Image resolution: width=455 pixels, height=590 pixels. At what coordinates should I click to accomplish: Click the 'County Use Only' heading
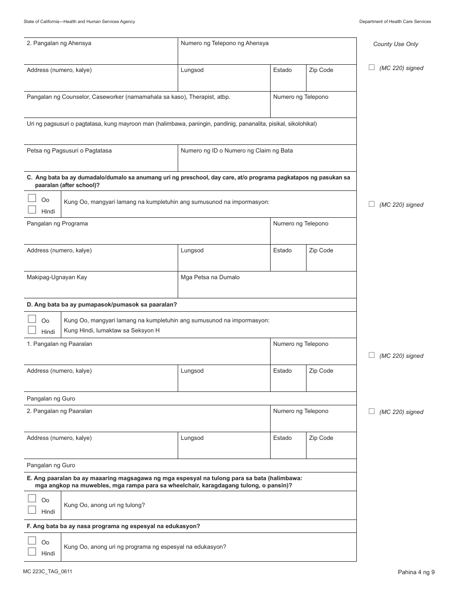pyautogui.click(x=395, y=44)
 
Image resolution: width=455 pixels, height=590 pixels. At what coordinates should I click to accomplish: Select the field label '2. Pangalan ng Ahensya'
pyautogui.click(x=59, y=43)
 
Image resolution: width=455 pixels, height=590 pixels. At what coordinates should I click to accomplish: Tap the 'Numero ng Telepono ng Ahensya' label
pyautogui.click(x=224, y=43)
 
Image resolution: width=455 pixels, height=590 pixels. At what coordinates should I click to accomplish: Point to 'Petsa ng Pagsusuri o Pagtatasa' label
pyautogui.click(x=69, y=151)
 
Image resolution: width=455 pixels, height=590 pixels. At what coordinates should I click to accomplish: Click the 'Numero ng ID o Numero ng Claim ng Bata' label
pyautogui.click(x=237, y=151)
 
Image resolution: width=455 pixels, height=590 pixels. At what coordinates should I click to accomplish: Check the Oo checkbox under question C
pyautogui.click(x=32, y=198)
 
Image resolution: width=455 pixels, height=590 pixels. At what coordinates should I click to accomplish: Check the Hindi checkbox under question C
pyautogui.click(x=32, y=210)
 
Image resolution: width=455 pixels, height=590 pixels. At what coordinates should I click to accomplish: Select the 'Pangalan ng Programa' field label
pyautogui.click(x=57, y=224)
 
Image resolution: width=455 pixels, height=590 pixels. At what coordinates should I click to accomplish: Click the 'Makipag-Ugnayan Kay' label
pyautogui.click(x=57, y=277)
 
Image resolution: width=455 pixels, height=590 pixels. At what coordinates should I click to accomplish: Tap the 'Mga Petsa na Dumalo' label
pyautogui.click(x=210, y=277)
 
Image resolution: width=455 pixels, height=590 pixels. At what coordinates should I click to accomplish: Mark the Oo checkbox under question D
pyautogui.click(x=32, y=319)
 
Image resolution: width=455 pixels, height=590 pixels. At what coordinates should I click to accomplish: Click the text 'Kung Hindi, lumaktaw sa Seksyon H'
pyautogui.click(x=112, y=330)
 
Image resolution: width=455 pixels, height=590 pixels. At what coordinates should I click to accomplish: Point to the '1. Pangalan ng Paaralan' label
pyautogui.click(x=59, y=344)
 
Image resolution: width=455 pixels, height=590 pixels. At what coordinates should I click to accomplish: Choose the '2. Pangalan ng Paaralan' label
pyautogui.click(x=59, y=411)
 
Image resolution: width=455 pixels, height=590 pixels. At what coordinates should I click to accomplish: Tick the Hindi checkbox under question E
pyautogui.click(x=32, y=510)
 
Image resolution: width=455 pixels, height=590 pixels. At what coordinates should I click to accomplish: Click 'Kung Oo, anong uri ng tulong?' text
pyautogui.click(x=104, y=505)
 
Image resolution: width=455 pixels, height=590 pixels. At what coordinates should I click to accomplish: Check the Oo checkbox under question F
pyautogui.click(x=32, y=541)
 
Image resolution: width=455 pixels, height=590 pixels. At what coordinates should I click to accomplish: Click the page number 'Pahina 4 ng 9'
pyautogui.click(x=416, y=572)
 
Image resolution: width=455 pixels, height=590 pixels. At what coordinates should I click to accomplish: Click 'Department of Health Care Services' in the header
pyautogui.click(x=395, y=22)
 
